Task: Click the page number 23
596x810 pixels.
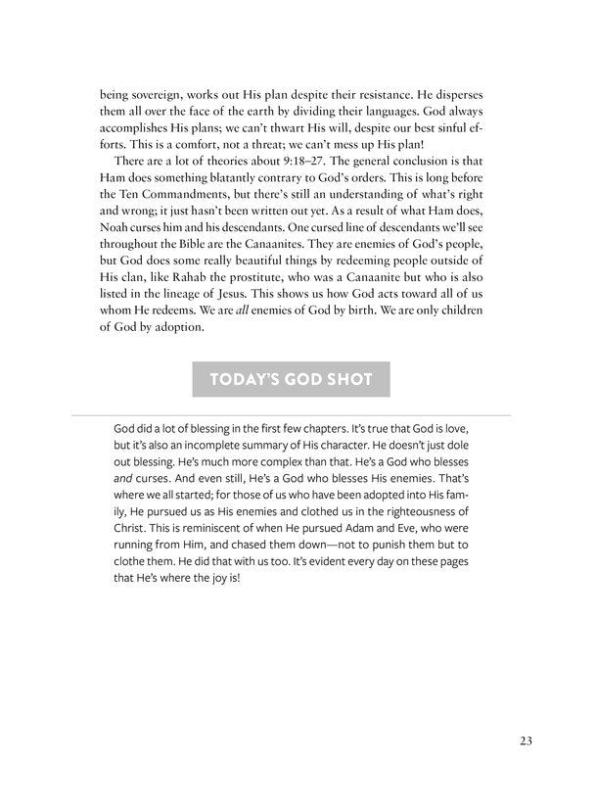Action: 525,740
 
